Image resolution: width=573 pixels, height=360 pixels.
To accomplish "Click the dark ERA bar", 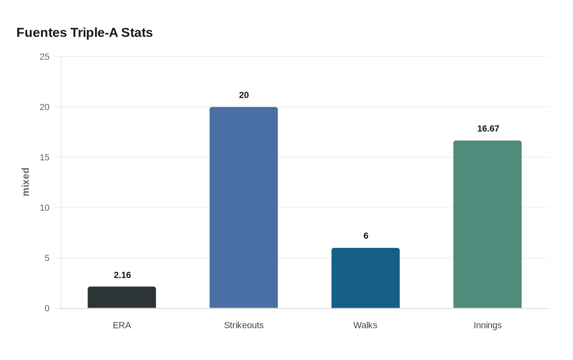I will (x=122, y=297).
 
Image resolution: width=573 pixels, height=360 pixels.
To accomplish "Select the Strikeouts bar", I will (x=244, y=207).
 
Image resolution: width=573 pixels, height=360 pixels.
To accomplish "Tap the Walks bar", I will (x=365, y=278).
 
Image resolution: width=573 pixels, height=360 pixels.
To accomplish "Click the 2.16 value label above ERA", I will (x=122, y=275).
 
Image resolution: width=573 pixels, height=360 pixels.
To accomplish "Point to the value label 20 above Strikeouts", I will (x=244, y=95).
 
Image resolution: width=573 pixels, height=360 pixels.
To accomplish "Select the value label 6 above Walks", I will (x=366, y=236).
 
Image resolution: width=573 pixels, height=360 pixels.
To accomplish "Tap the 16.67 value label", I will (x=488, y=128).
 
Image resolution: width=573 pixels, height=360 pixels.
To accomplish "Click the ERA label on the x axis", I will (x=122, y=325).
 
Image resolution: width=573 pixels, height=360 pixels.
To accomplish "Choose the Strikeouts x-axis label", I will (x=244, y=325).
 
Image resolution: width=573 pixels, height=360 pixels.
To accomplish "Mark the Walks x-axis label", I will (x=365, y=325).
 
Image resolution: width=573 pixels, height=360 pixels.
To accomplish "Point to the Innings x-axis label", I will (x=487, y=325).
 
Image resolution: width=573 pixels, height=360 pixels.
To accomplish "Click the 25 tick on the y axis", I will (x=45, y=57).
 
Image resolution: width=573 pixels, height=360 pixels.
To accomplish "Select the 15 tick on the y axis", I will (x=45, y=157).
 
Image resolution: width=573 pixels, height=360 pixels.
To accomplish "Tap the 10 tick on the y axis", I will (x=45, y=208).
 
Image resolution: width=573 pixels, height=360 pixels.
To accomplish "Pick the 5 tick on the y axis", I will (x=47, y=258).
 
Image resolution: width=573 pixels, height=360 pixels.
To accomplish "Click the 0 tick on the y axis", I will (x=47, y=308).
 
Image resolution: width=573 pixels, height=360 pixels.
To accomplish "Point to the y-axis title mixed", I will (x=26, y=182).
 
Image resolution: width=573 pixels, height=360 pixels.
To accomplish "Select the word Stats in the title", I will (x=137, y=33).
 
